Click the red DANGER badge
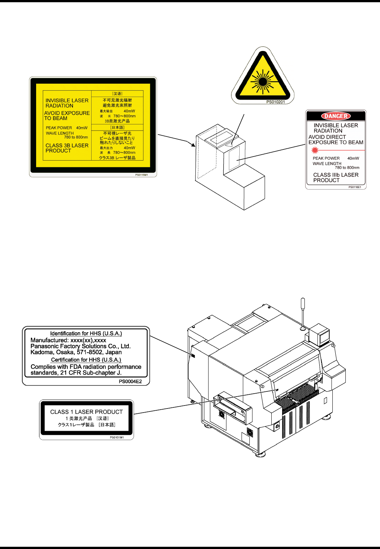tap(336, 116)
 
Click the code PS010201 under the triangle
tap(275, 102)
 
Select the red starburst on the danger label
tap(315, 150)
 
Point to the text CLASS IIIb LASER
tap(336, 175)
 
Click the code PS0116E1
tap(355, 187)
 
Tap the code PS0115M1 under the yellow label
tap(141, 175)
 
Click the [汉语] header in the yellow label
tap(117, 94)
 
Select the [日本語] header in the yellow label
tap(117, 127)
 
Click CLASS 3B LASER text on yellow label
tap(67, 145)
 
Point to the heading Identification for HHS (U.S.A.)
tap(86, 333)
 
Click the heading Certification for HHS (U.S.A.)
tap(86, 360)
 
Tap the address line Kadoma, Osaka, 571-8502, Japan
tap(76, 352)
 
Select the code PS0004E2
tap(130, 381)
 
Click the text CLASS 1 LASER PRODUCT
tap(86, 412)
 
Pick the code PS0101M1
tap(117, 437)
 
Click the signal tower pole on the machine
tap(303, 314)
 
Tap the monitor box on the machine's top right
tap(319, 333)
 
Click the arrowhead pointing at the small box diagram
tap(193, 144)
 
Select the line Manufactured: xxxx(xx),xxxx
tap(68, 340)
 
